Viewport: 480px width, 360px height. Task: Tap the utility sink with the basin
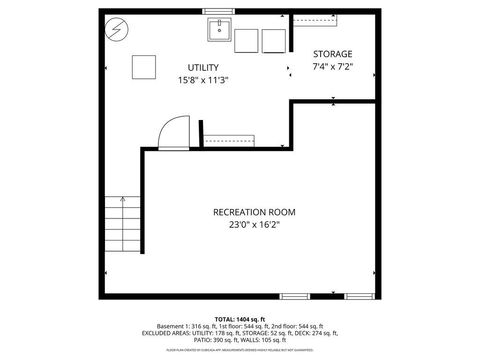[x=218, y=31]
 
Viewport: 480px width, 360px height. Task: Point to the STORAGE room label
[x=333, y=54]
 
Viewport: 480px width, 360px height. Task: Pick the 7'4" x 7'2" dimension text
[x=333, y=67]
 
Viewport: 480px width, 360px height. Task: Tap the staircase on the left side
[x=122, y=227]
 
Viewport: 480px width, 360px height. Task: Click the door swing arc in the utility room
[x=175, y=130]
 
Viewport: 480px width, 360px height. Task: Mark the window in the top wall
[x=217, y=11]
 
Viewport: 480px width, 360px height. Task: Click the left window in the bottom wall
[x=294, y=296]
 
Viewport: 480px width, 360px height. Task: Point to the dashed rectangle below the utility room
[x=231, y=139]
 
